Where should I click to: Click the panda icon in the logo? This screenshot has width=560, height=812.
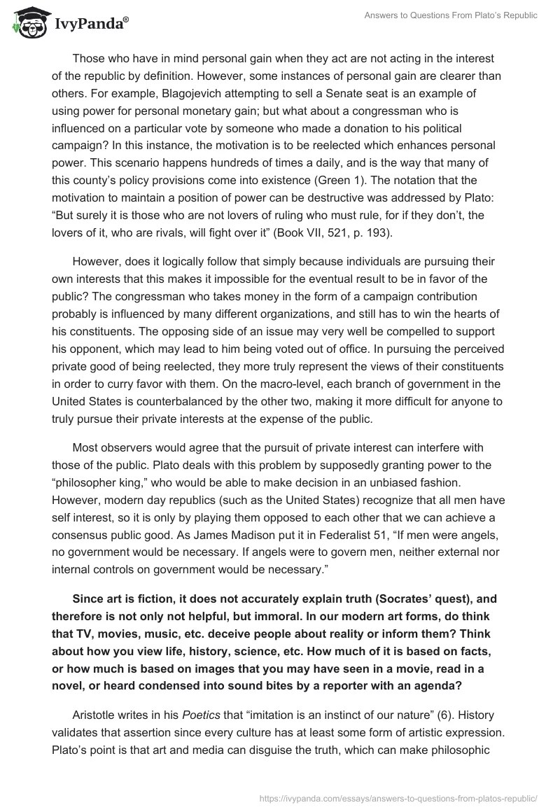tap(27, 22)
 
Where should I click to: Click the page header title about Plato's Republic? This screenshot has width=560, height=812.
tap(451, 15)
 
